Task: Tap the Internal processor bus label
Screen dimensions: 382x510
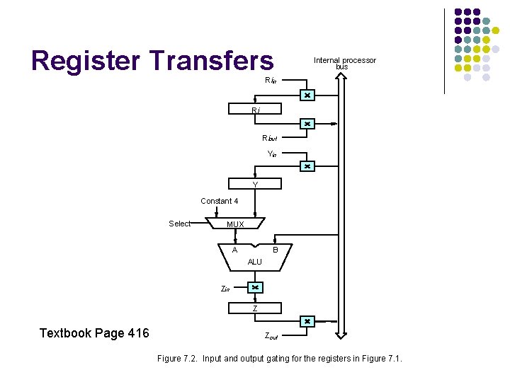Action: [344, 63]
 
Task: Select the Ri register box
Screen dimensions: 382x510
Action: [255, 109]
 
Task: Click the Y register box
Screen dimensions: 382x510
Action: [255, 185]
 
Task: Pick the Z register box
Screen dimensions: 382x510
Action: [255, 308]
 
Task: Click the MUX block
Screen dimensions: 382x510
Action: [235, 224]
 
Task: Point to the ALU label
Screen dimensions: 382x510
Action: [255, 262]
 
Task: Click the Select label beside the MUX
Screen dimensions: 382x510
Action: [179, 224]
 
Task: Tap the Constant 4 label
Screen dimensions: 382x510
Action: [219, 201]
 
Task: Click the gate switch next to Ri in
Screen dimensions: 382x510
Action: [307, 95]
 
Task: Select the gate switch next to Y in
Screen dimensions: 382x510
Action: [307, 167]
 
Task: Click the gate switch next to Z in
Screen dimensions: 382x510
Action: [255, 288]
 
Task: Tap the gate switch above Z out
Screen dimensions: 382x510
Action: [307, 321]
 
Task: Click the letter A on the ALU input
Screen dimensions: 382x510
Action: [234, 250]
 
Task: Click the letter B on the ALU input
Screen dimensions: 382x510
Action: [276, 250]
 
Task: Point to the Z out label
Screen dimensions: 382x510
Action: [271, 337]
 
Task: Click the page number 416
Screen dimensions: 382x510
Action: [135, 333]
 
